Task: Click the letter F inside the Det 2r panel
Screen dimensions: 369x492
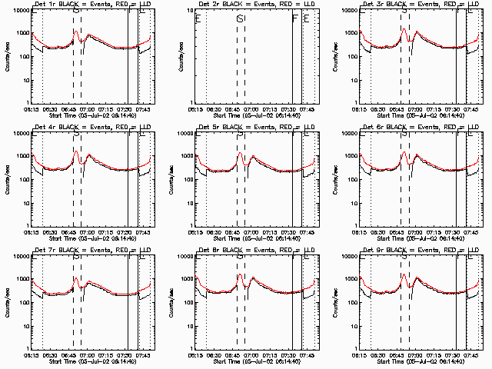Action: (295, 17)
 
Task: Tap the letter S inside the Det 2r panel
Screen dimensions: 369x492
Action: (240, 18)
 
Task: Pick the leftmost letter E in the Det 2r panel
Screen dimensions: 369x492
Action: (198, 17)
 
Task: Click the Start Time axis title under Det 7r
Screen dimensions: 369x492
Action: (85, 361)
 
